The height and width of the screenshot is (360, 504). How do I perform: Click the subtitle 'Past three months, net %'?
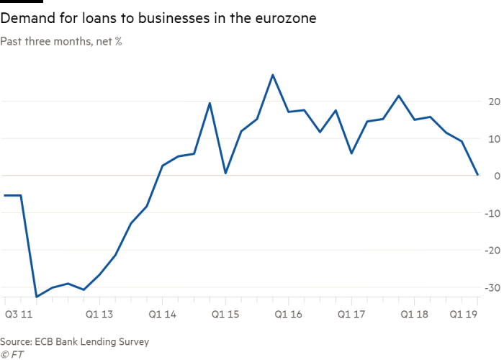coord(61,42)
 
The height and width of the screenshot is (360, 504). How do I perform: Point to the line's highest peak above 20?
coord(273,74)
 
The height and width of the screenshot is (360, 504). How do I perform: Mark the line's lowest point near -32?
coord(37,296)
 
